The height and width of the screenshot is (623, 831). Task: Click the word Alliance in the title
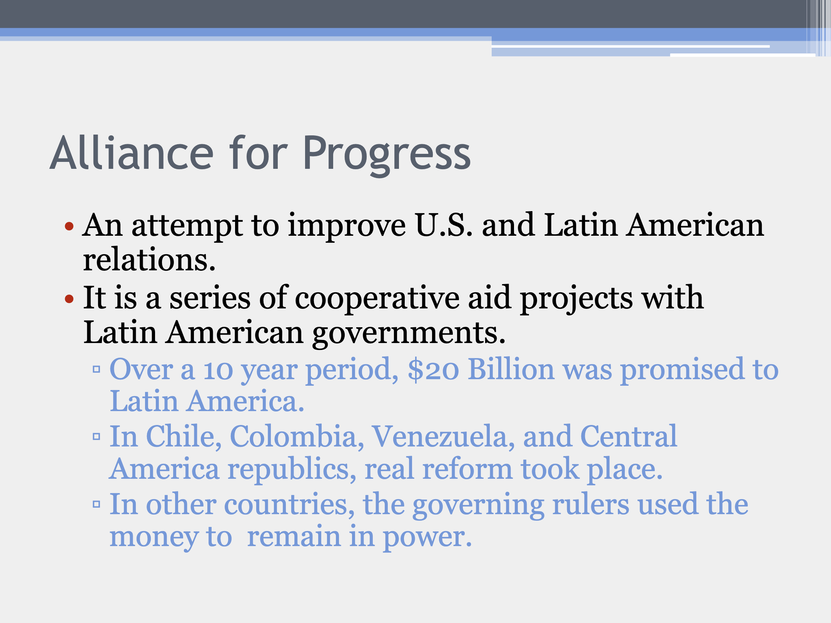click(x=132, y=153)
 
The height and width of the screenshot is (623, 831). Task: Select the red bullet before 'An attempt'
click(x=69, y=226)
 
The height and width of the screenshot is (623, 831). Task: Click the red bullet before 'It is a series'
click(x=69, y=298)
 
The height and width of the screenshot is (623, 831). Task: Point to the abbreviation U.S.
click(x=444, y=225)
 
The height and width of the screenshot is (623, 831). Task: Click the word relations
click(x=149, y=260)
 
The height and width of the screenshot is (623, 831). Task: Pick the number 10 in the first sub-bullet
click(x=218, y=370)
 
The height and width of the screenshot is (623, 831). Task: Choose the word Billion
click(x=511, y=369)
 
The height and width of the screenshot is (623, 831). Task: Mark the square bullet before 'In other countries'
click(x=97, y=504)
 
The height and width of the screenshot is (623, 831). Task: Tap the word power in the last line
click(x=427, y=538)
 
